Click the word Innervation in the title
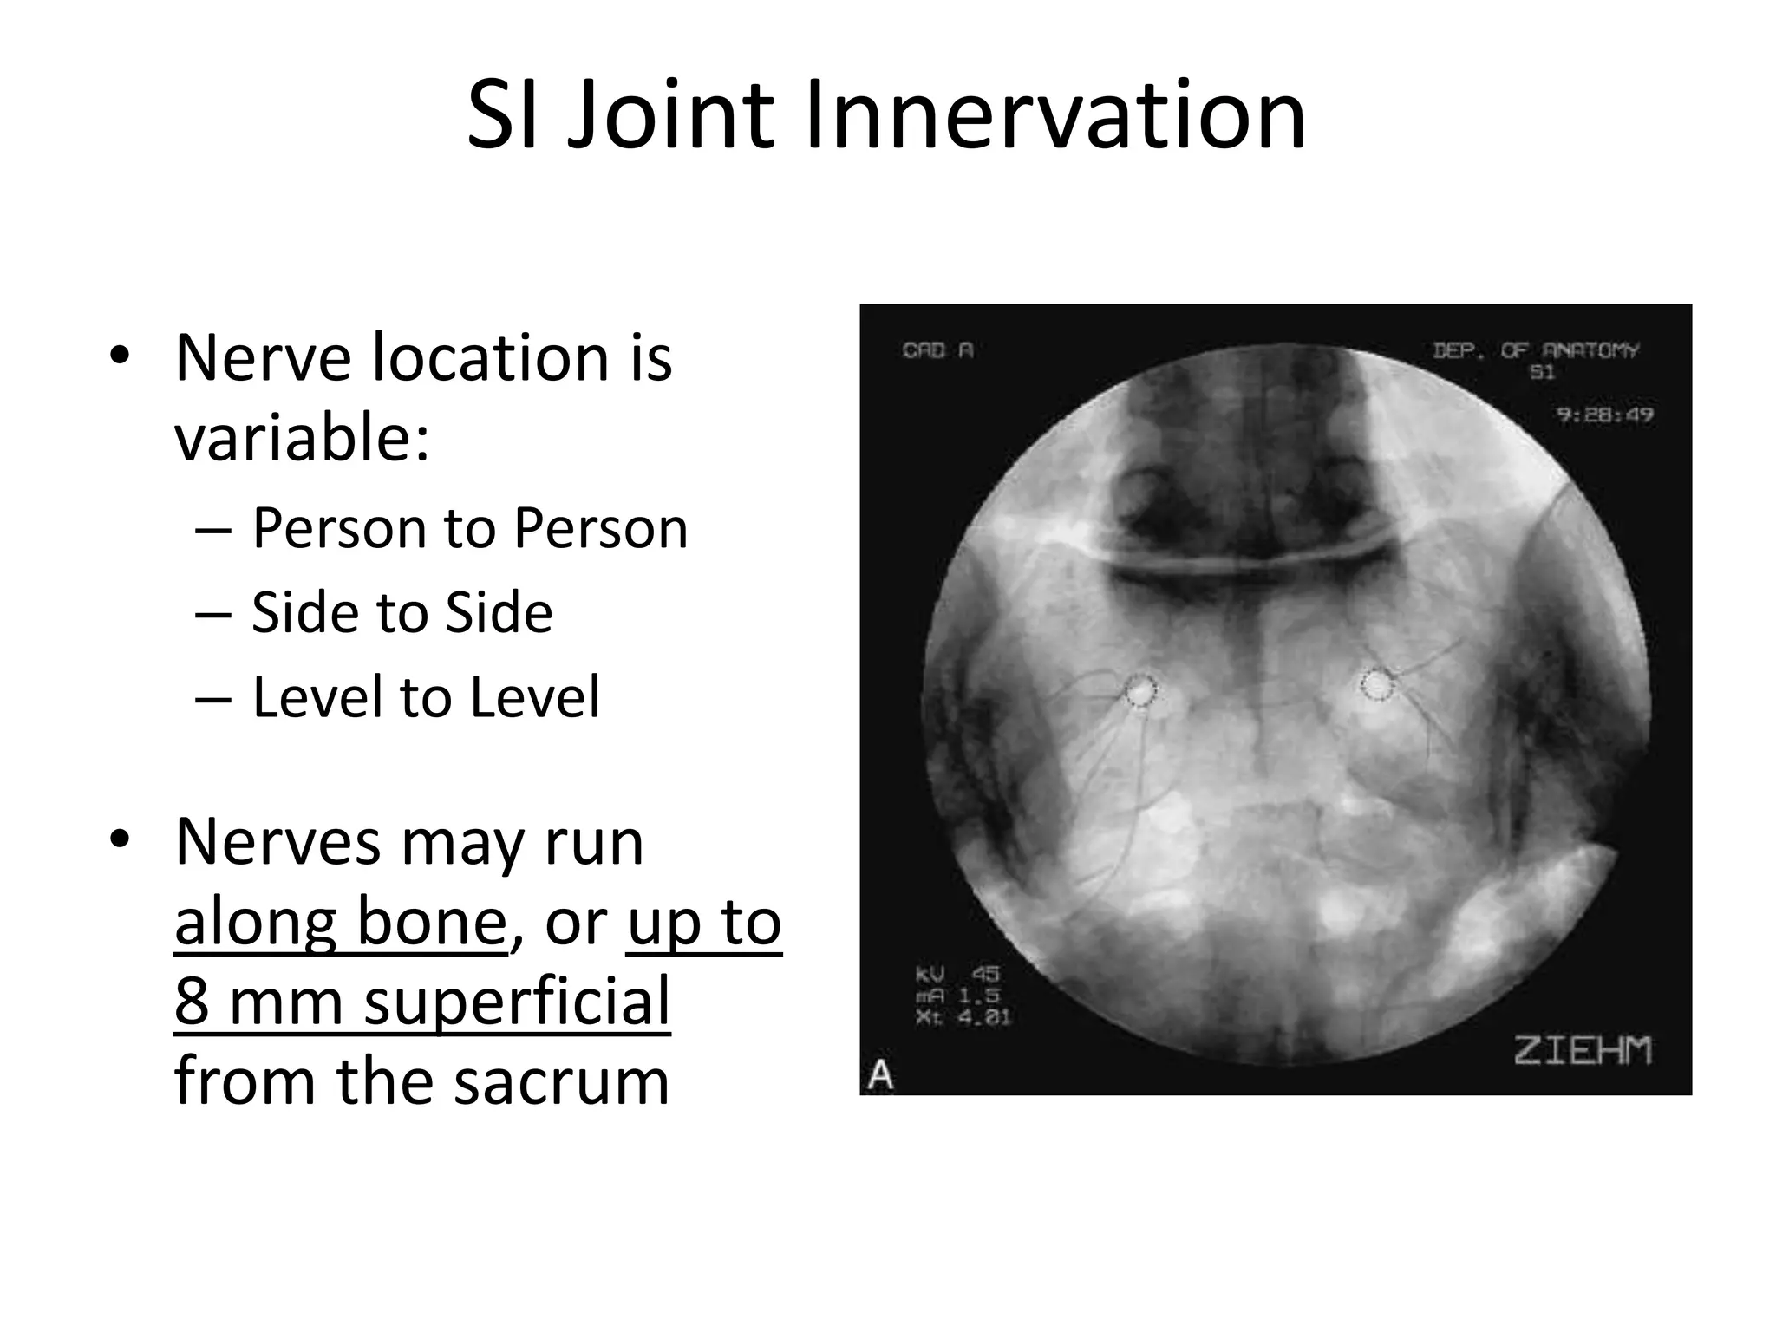[x=1054, y=115]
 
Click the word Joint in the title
[x=669, y=115]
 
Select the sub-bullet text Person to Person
[x=469, y=528]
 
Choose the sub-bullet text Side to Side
[x=402, y=613]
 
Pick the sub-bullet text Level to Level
[x=425, y=697]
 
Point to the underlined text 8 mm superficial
[x=421, y=1002]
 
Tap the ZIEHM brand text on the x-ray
[x=1583, y=1050]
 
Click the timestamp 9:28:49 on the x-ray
[x=1604, y=415]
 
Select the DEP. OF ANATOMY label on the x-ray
[x=1536, y=350]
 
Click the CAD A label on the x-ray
[x=937, y=350]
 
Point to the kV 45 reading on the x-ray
[x=957, y=975]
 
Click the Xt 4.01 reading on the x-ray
[x=963, y=1016]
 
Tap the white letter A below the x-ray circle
[x=881, y=1076]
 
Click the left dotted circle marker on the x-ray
[x=1140, y=691]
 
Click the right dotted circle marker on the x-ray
[x=1374, y=685]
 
